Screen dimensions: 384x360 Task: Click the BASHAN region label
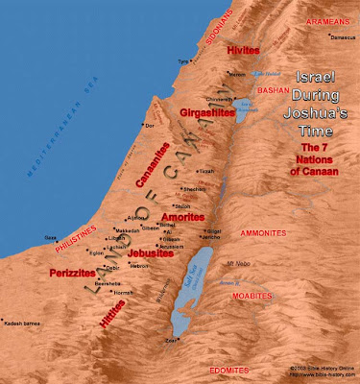276,87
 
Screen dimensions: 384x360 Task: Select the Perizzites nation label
70,274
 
